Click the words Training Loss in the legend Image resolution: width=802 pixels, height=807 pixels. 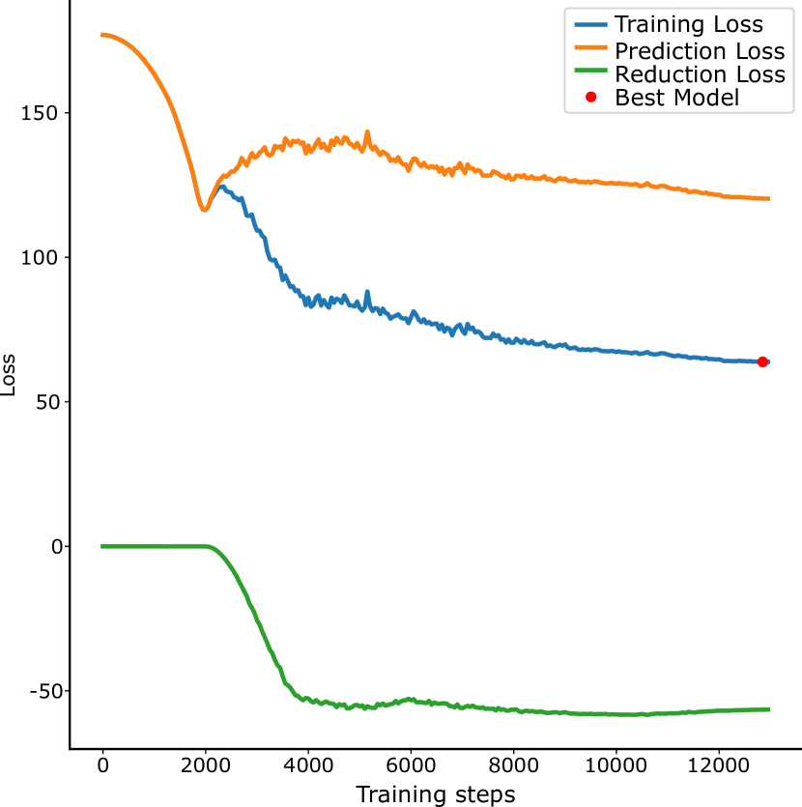pos(689,25)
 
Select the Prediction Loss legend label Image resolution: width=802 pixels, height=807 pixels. pos(700,50)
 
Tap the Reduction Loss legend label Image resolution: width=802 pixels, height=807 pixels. pos(700,74)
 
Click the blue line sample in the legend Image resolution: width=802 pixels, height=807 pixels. pos(590,25)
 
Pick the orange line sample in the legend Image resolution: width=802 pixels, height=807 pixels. pos(590,49)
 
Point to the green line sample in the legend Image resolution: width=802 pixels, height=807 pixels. pos(590,73)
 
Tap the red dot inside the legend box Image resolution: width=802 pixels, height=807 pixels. pos(590,98)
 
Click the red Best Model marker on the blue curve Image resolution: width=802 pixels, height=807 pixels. pos(762,361)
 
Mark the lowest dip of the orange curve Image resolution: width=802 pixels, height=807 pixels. pos(204,209)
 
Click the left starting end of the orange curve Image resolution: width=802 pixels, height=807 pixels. pos(101,35)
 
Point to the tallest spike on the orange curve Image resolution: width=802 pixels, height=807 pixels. pos(367,131)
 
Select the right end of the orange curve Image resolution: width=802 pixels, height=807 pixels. pos(768,199)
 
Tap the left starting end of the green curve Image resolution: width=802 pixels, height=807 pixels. pos(101,546)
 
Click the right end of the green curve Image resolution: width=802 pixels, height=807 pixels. pos(768,709)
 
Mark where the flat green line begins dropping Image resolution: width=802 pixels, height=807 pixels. pos(208,547)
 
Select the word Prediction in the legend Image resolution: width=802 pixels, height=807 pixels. pos(669,50)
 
